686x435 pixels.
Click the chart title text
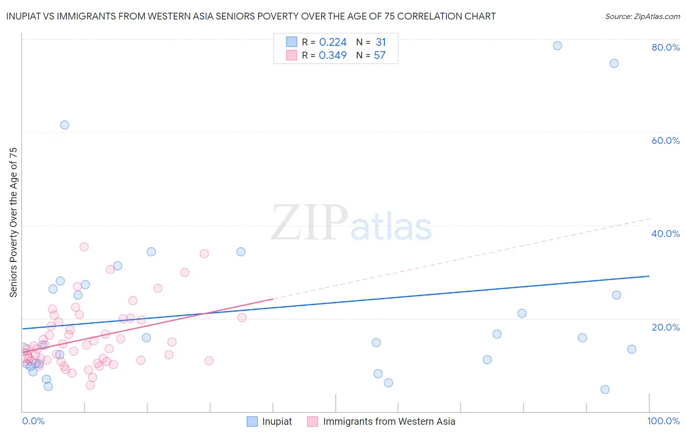251,16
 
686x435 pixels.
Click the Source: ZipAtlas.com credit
642,16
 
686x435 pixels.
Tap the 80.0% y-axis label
666,47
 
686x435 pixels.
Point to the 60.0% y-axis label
666,140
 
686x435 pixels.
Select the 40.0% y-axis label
666,234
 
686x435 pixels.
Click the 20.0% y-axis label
666,327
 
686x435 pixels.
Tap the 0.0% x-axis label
33,421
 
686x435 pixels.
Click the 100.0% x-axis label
663,421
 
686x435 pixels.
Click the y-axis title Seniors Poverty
13,222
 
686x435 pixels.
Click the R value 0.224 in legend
333,42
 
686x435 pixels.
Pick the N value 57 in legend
380,56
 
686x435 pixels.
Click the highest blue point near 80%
557,46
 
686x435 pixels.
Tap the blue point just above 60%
64,125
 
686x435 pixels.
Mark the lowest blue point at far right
605,389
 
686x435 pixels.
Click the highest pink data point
84,247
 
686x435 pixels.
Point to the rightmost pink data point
242,317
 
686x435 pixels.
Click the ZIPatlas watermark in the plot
351,223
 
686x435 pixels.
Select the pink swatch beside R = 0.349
291,56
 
